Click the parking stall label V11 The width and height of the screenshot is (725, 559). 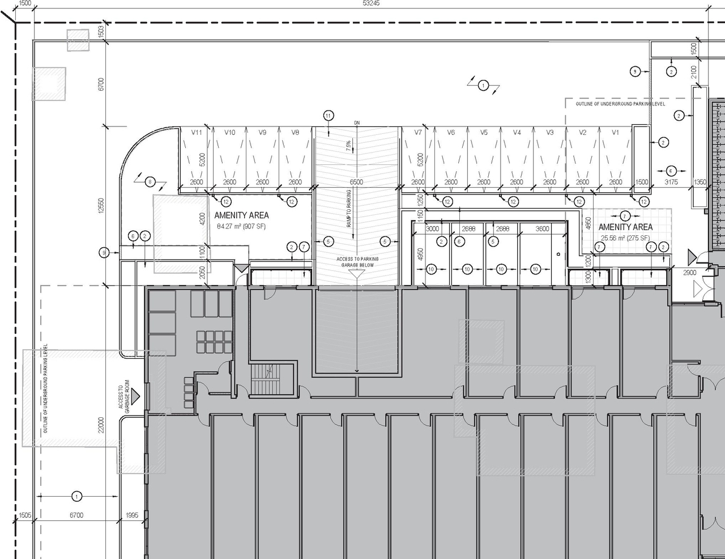197,133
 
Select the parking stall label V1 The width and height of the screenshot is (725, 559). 616,133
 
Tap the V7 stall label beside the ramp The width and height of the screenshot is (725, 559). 418,133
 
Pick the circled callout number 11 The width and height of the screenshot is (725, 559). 329,116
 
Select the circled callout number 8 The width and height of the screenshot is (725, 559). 150,182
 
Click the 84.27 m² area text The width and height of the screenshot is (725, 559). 241,227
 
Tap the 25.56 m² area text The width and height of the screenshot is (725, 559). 625,238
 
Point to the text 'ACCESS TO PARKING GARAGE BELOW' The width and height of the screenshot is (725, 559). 357,262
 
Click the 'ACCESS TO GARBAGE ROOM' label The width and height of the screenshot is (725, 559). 125,396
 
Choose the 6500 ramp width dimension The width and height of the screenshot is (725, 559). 357,183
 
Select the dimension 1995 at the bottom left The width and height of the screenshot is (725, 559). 131,515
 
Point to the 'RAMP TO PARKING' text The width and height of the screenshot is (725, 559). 349,209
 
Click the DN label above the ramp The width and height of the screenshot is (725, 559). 357,123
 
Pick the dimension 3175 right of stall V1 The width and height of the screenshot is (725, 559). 671,183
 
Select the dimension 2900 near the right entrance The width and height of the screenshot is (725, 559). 689,273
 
